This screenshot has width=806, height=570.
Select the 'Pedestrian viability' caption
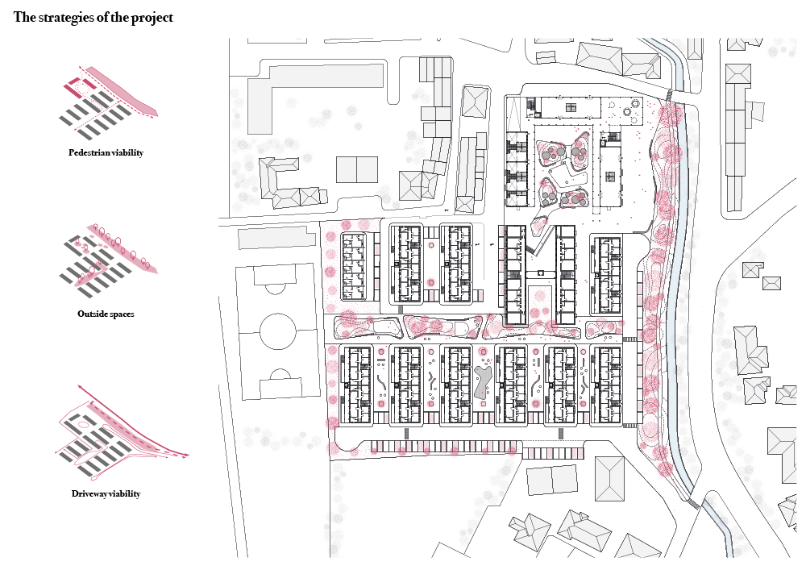(106, 152)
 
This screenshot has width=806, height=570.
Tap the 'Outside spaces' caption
(106, 314)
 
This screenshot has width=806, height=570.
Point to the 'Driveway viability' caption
(106, 493)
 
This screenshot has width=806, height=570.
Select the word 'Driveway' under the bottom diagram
(89, 493)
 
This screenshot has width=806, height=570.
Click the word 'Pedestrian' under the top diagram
(89, 152)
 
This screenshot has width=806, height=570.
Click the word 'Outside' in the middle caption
(92, 314)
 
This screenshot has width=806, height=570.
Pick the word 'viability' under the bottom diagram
(124, 493)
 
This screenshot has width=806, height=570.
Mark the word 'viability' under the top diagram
(127, 152)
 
